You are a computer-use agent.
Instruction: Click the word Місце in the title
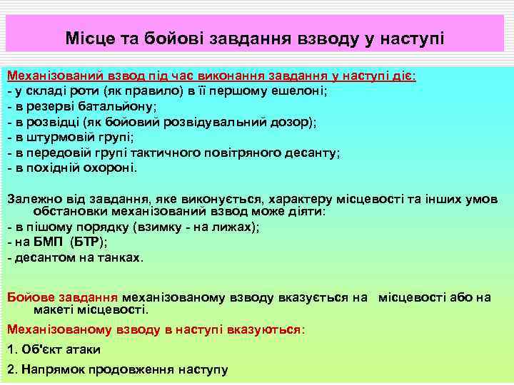click(x=87, y=37)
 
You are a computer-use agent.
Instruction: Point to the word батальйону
click(x=112, y=107)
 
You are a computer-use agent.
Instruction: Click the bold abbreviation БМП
click(x=51, y=242)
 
